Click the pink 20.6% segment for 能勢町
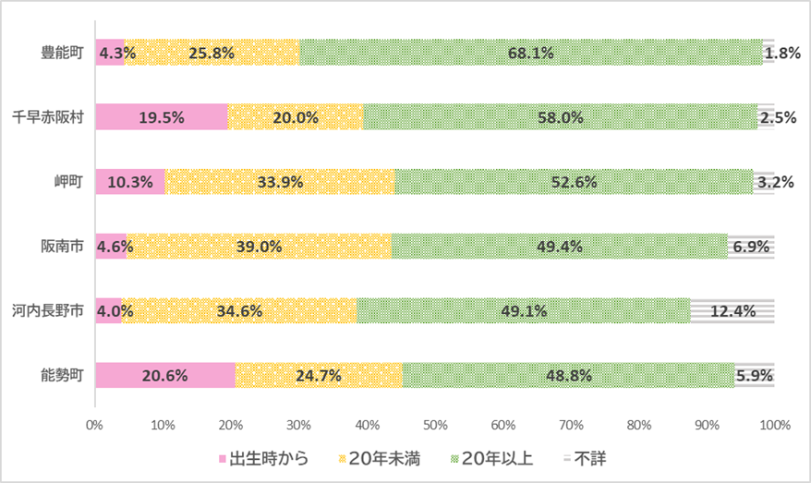click(166, 376)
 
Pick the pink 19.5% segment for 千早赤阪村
click(162, 117)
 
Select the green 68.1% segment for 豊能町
click(531, 53)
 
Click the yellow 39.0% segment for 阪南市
click(259, 247)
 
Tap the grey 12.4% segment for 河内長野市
click(732, 311)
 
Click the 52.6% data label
click(574, 182)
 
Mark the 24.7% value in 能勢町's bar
click(318, 376)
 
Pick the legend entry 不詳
click(584, 458)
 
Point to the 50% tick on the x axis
click(435, 426)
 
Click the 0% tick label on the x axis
click(94, 426)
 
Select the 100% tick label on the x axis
click(774, 426)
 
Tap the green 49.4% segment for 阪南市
click(559, 247)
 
